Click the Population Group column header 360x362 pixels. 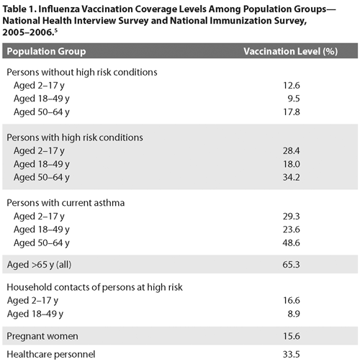47,53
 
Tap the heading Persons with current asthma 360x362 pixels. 66,203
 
